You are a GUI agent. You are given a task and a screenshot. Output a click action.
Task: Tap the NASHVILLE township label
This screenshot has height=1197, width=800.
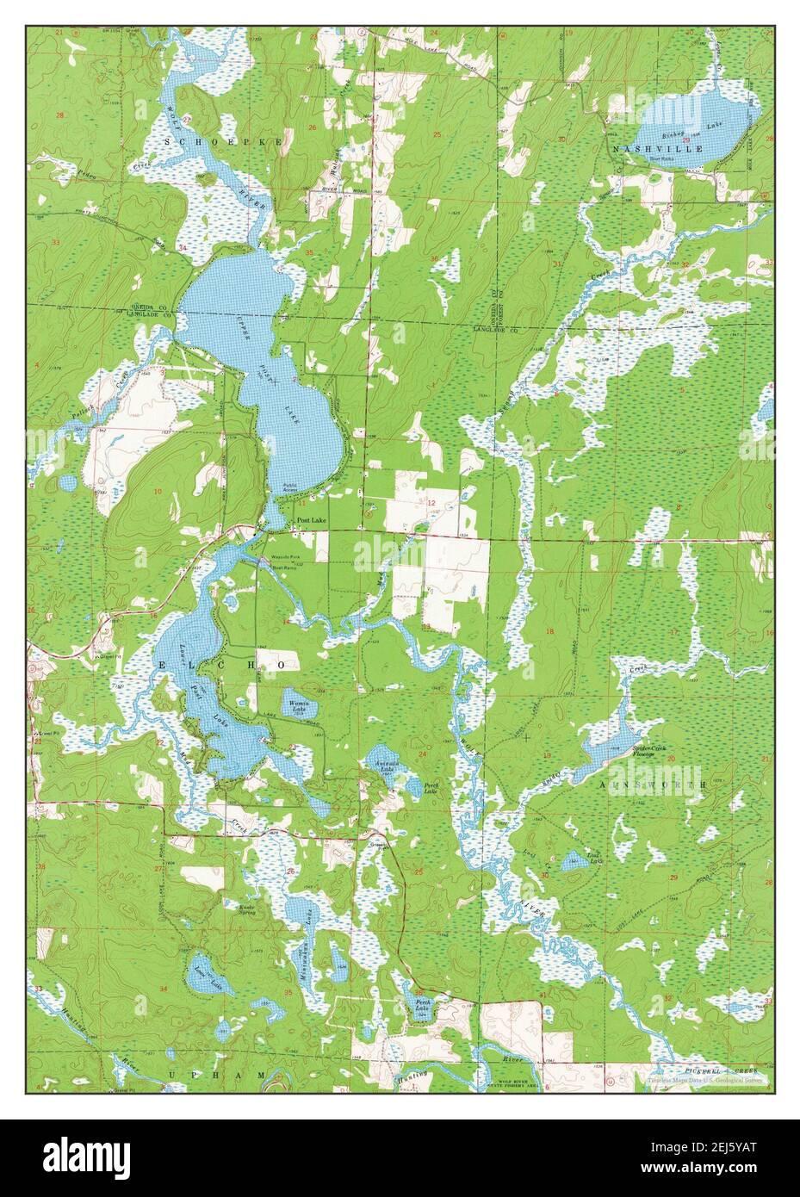click(659, 149)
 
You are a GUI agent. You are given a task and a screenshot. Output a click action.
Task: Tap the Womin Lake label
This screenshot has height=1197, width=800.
click(298, 705)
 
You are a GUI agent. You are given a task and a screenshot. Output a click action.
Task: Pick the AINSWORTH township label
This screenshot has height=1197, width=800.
click(663, 785)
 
